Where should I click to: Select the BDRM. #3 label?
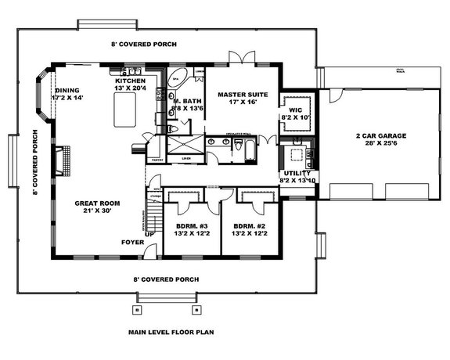[x=192, y=225]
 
